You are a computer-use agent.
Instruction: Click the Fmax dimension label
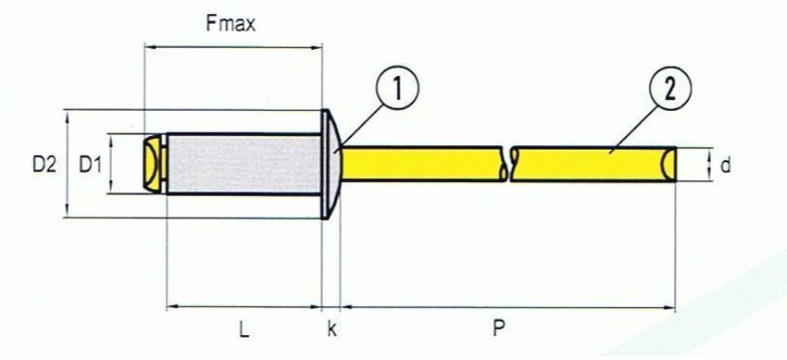(231, 23)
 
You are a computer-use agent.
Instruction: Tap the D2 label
(44, 165)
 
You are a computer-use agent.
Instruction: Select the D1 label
(91, 165)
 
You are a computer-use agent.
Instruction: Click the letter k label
(331, 330)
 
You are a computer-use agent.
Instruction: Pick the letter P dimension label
(498, 329)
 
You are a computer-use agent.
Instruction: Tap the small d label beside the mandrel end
(725, 165)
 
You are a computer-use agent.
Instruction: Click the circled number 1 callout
(396, 89)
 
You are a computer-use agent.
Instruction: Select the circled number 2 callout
(670, 89)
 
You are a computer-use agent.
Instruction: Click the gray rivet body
(244, 164)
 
